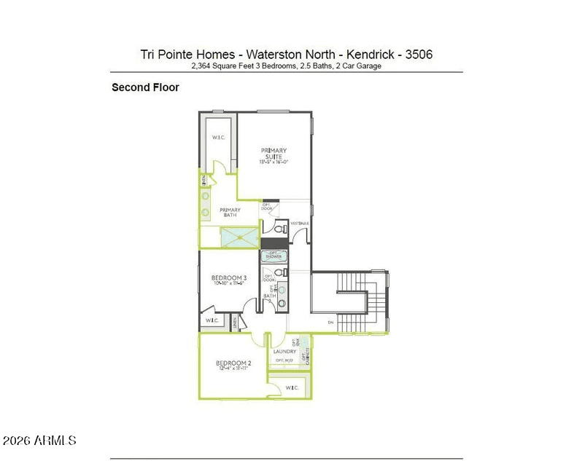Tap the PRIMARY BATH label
point(230,213)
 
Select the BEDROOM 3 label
point(229,277)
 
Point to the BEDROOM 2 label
point(233,363)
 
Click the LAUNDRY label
point(284,352)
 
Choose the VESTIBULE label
point(300,223)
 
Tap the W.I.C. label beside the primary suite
point(218,138)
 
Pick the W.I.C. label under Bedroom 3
point(212,320)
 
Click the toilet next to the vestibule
point(282,229)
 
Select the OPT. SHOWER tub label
point(274,256)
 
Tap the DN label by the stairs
point(330,323)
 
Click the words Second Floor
point(145,87)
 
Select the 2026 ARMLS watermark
point(39,441)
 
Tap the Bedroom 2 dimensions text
point(234,369)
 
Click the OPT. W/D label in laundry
point(284,360)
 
